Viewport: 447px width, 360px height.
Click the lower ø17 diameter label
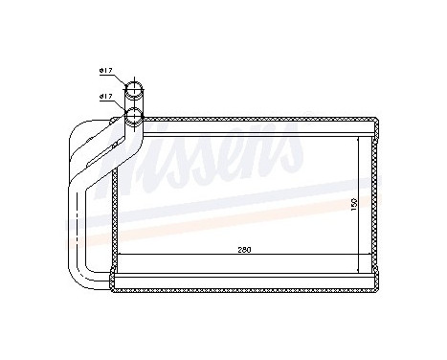[x=105, y=97]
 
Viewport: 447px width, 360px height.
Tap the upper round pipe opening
[x=136, y=91]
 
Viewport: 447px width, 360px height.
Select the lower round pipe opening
[x=135, y=118]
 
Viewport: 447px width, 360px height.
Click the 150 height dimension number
[x=352, y=203]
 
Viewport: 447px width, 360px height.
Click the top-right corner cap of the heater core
[x=377, y=125]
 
